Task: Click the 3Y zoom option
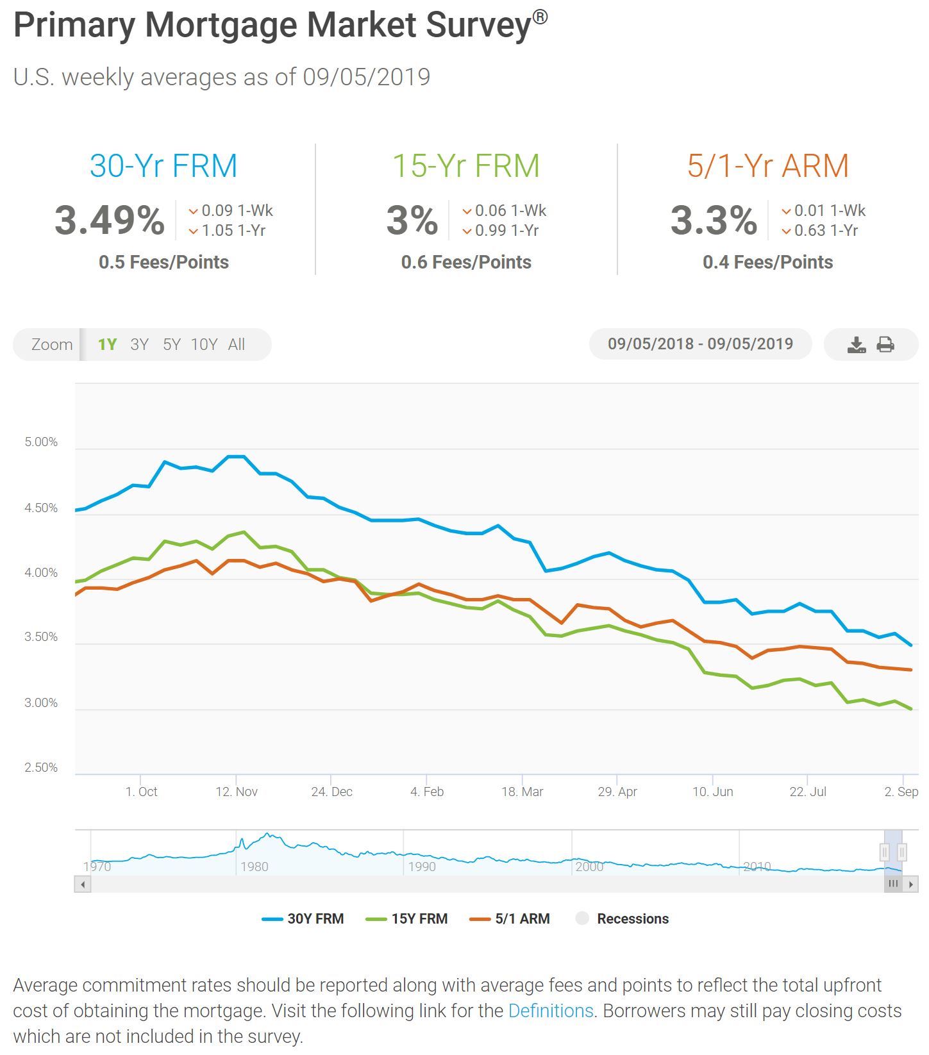[139, 345]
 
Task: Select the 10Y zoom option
[204, 345]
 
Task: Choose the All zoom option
[237, 345]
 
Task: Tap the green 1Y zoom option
[107, 345]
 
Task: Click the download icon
[857, 345]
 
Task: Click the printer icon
[885, 345]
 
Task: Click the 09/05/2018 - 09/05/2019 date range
[700, 344]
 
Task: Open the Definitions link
[551, 1011]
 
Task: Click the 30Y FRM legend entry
[303, 919]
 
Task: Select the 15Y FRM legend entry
[407, 919]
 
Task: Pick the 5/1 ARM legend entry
[510, 919]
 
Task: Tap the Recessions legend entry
[623, 919]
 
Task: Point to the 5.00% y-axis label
[41, 442]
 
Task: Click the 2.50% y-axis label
[41, 768]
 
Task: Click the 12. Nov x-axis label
[237, 792]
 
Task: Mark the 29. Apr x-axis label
[617, 792]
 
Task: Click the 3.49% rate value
[110, 220]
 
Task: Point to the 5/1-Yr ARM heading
[768, 166]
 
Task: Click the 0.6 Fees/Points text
[466, 262]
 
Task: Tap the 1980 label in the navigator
[254, 867]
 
